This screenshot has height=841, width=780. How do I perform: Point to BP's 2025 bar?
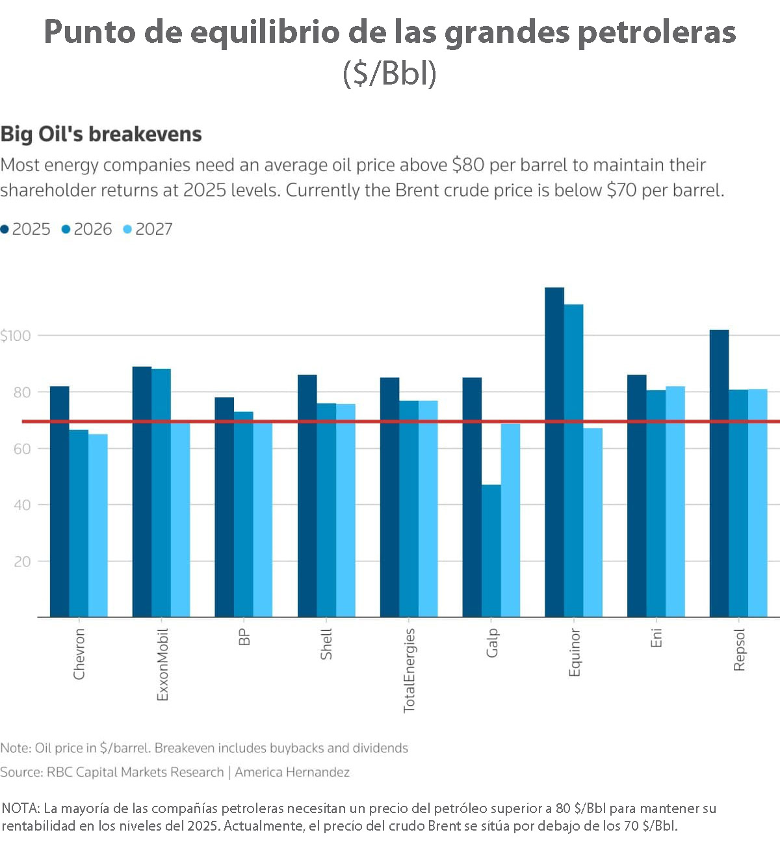pos(224,507)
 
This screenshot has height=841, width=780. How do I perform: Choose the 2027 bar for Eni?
pos(675,501)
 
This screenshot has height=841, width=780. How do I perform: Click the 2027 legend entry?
pos(148,229)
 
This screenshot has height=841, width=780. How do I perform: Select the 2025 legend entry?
pos(25,229)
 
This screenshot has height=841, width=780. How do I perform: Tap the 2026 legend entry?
pos(86,229)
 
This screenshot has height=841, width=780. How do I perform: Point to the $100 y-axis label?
pos(16,336)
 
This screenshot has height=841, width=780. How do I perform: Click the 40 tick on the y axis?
pos(22,505)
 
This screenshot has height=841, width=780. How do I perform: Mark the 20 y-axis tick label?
pos(22,561)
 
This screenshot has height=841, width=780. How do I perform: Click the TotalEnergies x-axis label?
pos(409,670)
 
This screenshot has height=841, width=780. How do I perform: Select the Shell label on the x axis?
pos(326,644)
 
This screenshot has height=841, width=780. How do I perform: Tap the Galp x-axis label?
pos(492,643)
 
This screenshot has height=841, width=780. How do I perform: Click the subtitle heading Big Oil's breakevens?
pos(101,134)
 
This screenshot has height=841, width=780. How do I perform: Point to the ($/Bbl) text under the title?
pos(389,73)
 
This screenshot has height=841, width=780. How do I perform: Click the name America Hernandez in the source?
pos(292,772)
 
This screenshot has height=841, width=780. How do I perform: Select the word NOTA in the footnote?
pos(21,808)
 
